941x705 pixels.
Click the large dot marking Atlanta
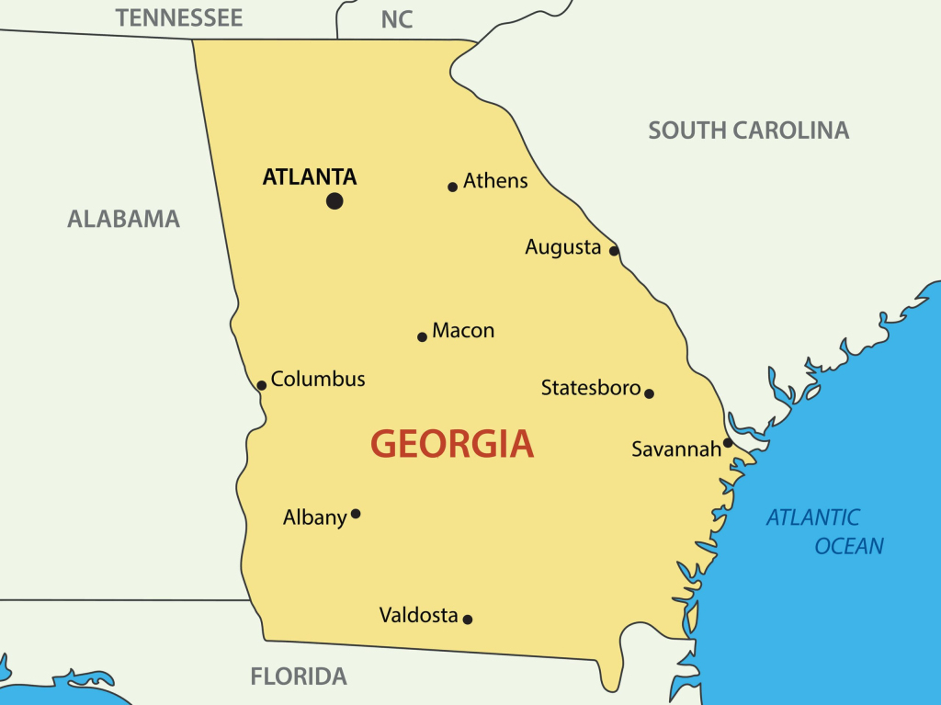[334, 200]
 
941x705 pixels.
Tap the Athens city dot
[452, 187]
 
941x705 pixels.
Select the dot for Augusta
[614, 250]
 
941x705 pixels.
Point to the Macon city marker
[422, 336]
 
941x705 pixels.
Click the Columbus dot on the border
[261, 385]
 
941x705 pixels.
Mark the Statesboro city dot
[649, 393]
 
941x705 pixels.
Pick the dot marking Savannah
[727, 442]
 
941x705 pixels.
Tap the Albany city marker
[356, 514]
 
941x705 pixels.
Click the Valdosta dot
[467, 620]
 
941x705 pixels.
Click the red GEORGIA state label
[451, 444]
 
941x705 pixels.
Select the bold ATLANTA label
[310, 176]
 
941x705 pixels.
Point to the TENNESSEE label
[179, 17]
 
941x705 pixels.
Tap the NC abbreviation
[397, 19]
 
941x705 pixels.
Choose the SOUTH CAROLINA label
[748, 131]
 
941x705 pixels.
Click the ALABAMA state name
[123, 219]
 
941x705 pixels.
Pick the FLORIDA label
[299, 677]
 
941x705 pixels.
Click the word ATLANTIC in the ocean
[813, 517]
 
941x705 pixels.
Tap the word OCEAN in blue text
[849, 546]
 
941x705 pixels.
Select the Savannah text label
[676, 449]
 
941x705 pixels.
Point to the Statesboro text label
[590, 388]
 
